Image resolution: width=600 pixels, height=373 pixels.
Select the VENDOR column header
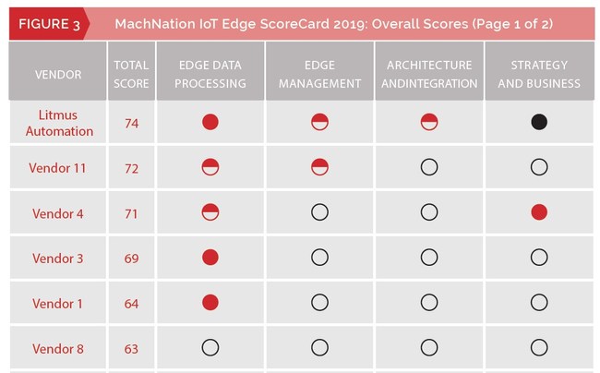tap(57, 74)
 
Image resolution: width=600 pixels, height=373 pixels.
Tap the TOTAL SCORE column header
tap(131, 74)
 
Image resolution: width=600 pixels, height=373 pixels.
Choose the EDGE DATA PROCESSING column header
tap(210, 74)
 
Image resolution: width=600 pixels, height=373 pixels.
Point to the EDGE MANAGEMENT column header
tap(319, 74)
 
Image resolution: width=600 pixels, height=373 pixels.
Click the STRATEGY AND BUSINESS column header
tap(539, 74)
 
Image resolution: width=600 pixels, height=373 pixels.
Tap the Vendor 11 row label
tap(57, 168)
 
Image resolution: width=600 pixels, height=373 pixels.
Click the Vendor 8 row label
tap(57, 349)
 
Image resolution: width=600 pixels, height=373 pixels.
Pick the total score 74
tap(131, 123)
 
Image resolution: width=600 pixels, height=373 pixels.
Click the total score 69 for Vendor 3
tap(131, 259)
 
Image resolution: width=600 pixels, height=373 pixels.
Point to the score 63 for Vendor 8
tap(131, 349)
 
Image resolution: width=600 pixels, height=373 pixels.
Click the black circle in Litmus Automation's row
tap(539, 122)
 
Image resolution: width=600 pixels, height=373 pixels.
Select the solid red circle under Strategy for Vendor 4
tap(539, 212)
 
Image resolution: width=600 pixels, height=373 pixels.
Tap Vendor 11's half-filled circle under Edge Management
tap(319, 167)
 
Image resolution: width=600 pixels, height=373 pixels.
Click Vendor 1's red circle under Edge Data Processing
tap(210, 302)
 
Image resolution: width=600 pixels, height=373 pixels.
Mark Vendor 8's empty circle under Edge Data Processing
tap(210, 348)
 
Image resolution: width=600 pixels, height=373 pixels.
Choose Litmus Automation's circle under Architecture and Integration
tap(429, 122)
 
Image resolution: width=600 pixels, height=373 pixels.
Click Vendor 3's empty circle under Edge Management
tap(319, 258)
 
